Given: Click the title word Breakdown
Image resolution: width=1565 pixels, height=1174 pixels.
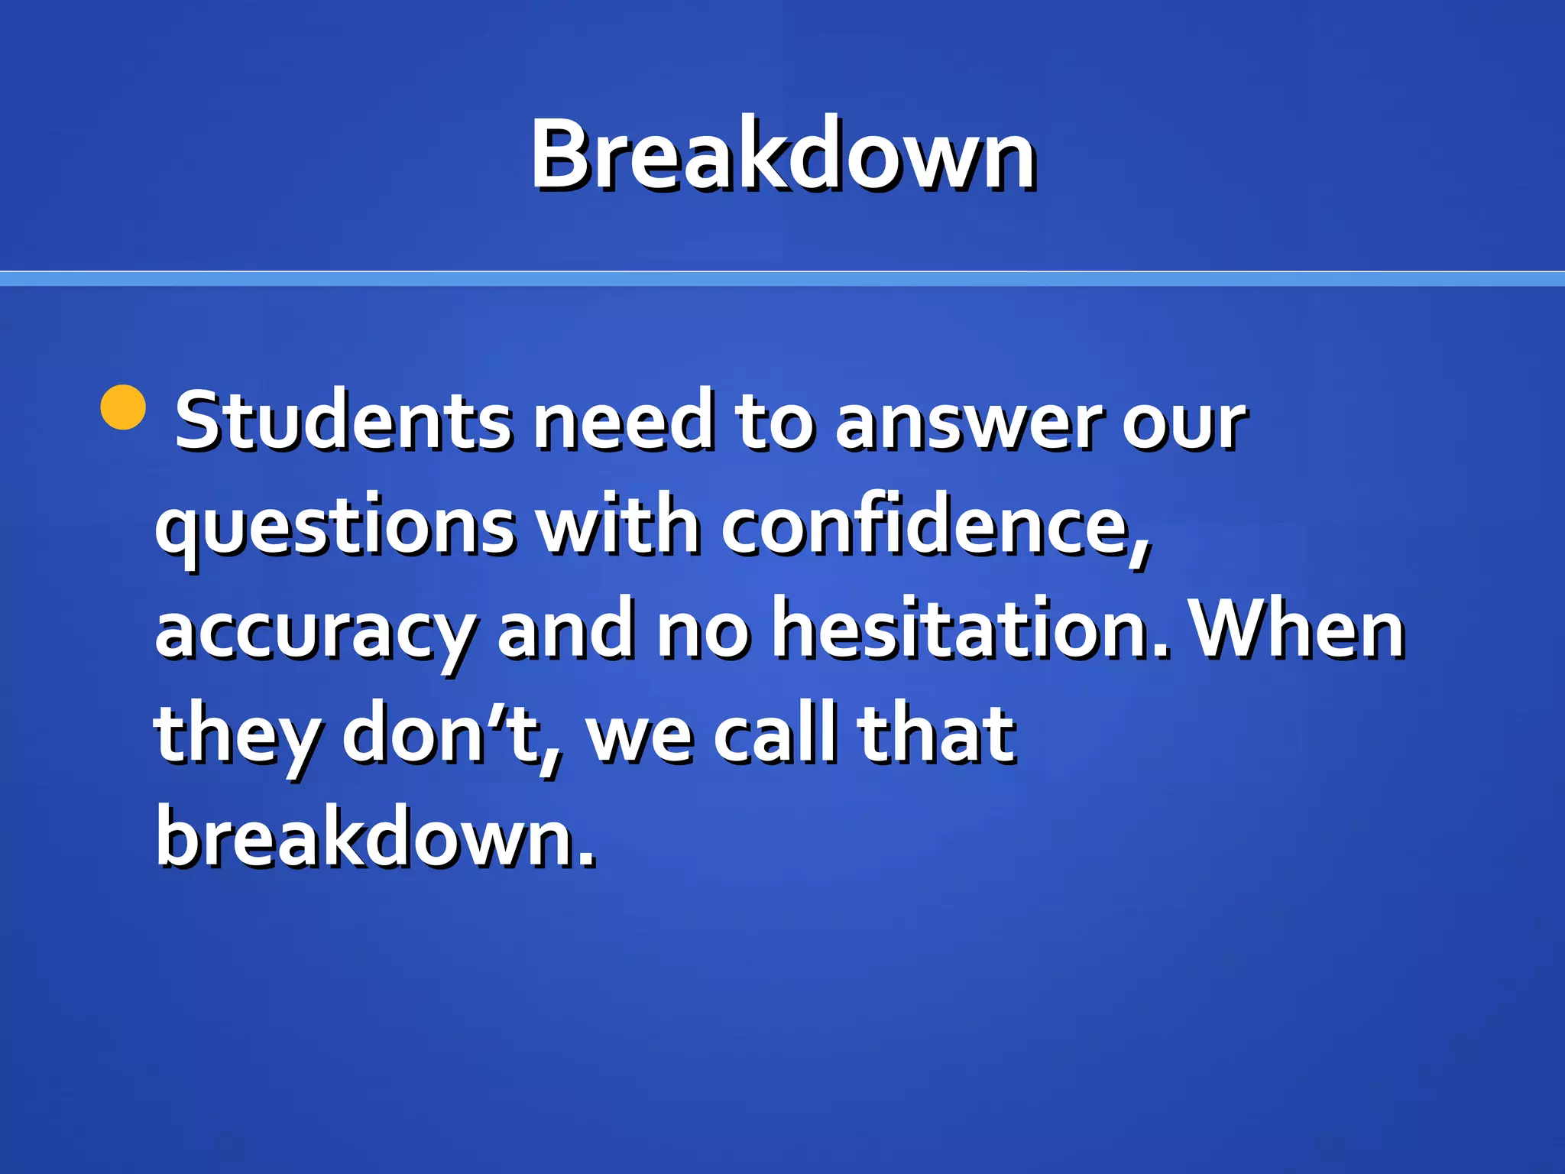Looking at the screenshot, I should click(782, 154).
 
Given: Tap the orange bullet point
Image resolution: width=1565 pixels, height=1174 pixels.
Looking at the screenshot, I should click(123, 407).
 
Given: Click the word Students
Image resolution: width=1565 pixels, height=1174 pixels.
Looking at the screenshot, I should click(343, 420).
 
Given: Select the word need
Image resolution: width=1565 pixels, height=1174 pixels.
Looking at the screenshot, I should click(623, 420).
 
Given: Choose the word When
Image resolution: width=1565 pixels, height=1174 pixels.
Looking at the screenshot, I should click(1299, 628).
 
